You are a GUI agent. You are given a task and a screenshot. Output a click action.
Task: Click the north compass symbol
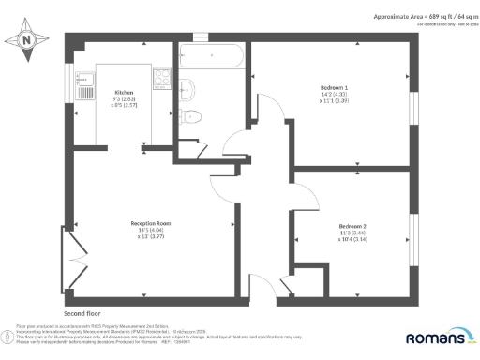[26, 38]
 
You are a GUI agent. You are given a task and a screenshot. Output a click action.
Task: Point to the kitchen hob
[160, 78]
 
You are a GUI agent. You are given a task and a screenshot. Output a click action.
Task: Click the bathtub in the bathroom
[212, 57]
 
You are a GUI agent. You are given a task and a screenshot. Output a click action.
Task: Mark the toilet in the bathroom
[193, 115]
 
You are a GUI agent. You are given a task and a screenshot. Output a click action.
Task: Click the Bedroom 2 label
[352, 225]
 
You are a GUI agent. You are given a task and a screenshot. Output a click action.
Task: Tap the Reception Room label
[149, 222]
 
